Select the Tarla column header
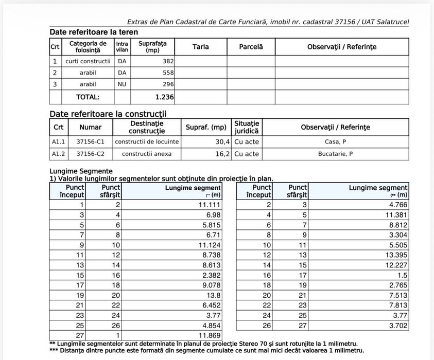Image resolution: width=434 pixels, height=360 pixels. (200, 47)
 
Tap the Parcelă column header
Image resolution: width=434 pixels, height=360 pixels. (251, 47)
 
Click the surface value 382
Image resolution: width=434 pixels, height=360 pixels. (167, 61)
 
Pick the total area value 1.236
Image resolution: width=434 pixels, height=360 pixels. (164, 97)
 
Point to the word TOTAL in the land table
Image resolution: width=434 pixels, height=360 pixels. (88, 97)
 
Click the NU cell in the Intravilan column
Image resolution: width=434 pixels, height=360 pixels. (122, 84)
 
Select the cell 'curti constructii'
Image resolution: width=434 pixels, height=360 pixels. (88, 61)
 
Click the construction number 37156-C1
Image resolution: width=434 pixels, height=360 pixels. (90, 141)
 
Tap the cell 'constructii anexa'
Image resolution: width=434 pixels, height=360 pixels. (147, 154)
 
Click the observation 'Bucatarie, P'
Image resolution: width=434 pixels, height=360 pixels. (335, 154)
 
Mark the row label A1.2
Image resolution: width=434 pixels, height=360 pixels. (58, 154)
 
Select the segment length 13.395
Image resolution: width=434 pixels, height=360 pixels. (396, 255)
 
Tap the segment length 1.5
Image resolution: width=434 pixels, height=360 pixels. (402, 275)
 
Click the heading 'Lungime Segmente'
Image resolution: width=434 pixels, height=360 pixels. (81, 171)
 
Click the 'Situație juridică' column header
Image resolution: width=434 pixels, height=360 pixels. (247, 127)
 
